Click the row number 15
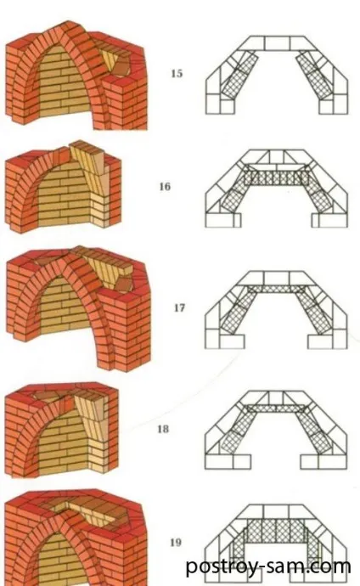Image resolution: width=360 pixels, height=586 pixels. [x=177, y=73]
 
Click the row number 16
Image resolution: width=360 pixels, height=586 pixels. [x=165, y=186]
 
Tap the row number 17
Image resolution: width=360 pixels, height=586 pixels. [x=179, y=307]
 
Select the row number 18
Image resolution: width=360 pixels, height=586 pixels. [x=163, y=429]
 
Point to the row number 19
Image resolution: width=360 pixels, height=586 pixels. [x=176, y=543]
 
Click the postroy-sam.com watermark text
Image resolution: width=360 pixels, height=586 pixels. [x=267, y=566]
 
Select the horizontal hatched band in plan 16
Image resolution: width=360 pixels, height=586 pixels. [x=276, y=177]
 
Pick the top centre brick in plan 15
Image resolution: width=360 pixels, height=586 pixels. [x=277, y=43]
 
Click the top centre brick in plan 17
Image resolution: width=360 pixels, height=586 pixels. [x=276, y=278]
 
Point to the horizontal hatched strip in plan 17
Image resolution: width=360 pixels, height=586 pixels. [x=276, y=289]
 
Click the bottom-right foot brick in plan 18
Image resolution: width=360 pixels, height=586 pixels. [x=333, y=462]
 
